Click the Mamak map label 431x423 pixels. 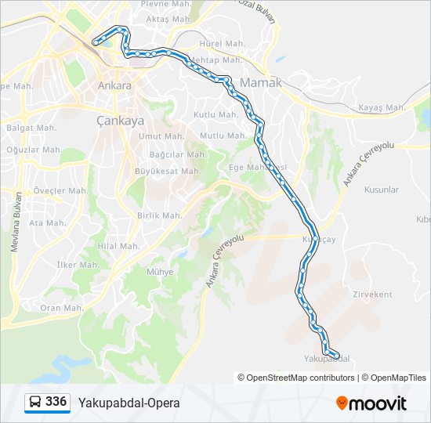262,81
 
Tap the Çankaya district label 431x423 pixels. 120,121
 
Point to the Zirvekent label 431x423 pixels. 372,295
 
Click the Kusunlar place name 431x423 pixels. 382,190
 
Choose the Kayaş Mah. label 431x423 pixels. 381,107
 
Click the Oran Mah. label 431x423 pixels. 61,308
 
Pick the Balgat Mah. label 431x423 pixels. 31,127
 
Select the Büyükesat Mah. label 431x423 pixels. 168,171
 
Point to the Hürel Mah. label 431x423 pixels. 223,44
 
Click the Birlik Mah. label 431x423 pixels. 160,215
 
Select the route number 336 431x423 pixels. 56,402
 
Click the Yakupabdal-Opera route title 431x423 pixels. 129,403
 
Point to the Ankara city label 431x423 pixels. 114,85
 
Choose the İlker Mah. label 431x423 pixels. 78,265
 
